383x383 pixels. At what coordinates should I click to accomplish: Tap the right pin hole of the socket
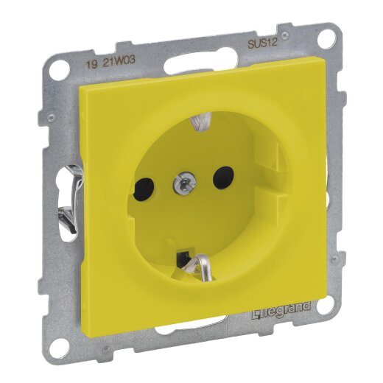219,177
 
